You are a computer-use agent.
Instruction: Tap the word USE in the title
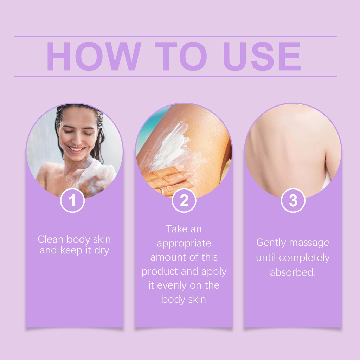click(262, 56)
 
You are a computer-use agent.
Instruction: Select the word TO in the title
click(181, 56)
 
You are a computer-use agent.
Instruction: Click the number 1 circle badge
click(72, 200)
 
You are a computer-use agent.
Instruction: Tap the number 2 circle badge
click(184, 200)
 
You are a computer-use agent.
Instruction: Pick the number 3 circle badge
click(293, 200)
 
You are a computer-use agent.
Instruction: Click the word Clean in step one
click(51, 239)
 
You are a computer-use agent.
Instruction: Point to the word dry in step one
click(102, 250)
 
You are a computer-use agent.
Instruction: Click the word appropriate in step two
click(184, 244)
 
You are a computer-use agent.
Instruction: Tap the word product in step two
click(160, 271)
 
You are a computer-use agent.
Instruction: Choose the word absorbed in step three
click(293, 272)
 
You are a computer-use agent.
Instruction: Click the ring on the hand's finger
click(162, 191)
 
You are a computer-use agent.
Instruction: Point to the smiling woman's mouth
click(76, 149)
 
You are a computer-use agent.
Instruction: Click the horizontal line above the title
click(176, 36)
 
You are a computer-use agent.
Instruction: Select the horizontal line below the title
click(176, 76)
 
